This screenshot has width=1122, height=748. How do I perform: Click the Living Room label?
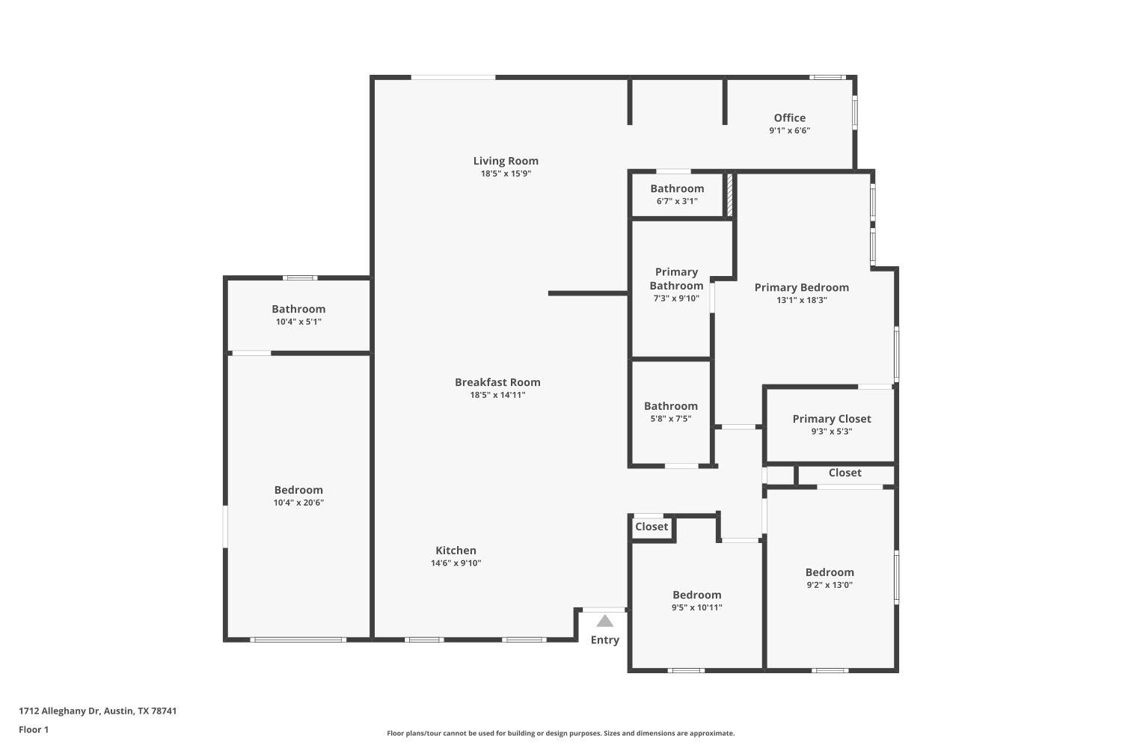coord(506,161)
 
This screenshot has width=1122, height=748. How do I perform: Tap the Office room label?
coord(789,117)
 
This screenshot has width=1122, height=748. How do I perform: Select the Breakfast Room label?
coord(497,382)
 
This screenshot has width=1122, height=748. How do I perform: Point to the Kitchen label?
coord(456,551)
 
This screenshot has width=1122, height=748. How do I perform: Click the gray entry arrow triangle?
coord(605,621)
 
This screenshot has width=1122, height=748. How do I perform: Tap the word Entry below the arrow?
coord(605,640)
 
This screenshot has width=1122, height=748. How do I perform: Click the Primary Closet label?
coord(832,419)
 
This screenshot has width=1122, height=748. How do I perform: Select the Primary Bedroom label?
coord(801,287)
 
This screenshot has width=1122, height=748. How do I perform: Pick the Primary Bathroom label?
coord(676,278)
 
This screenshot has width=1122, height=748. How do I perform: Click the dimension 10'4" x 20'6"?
coord(298,503)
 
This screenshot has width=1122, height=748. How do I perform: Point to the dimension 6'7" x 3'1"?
coord(677,201)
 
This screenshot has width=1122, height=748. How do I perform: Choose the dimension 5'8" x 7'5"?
coord(671,419)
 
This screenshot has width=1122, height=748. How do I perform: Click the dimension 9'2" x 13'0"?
coord(830,585)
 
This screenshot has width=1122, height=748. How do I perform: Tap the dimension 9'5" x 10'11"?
coord(696,607)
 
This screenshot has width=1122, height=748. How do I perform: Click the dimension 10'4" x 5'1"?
coord(298,322)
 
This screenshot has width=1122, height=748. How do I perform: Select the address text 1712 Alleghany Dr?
coord(59,711)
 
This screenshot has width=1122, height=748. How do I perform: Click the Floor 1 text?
coord(34,729)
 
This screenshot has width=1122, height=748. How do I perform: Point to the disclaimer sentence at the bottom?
coord(560,734)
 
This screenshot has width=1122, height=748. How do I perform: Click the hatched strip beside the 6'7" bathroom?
coord(730,194)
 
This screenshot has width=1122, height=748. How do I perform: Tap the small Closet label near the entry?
coord(652,527)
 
